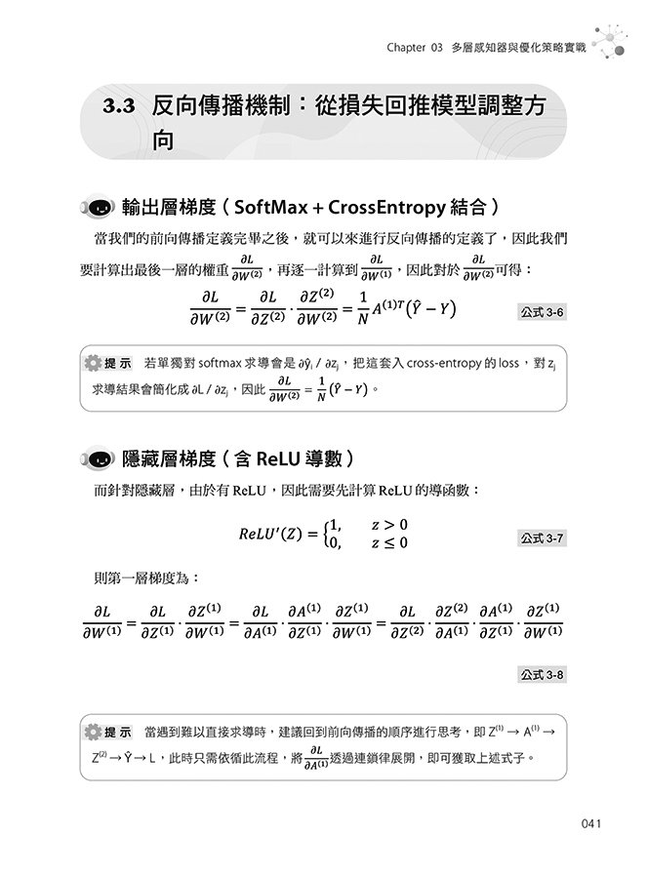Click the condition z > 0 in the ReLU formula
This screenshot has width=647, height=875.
click(389, 525)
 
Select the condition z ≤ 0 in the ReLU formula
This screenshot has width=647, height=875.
click(389, 542)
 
